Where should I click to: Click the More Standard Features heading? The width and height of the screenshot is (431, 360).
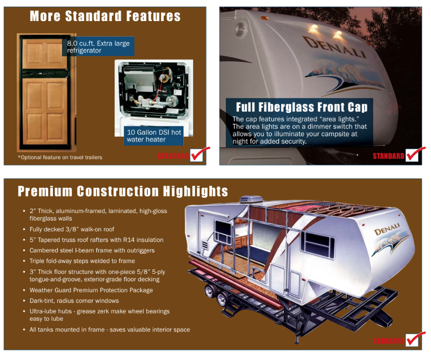[x=105, y=16]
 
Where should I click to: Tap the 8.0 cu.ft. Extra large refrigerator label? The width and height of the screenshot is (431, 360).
[x=98, y=47]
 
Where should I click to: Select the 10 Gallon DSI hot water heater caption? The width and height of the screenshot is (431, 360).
[x=154, y=136]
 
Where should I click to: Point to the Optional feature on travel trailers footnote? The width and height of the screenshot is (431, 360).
[x=60, y=157]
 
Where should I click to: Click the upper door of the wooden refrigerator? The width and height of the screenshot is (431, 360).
[x=45, y=53]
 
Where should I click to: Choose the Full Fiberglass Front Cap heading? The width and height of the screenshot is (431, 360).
[x=302, y=107]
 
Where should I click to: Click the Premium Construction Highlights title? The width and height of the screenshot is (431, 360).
[x=123, y=191]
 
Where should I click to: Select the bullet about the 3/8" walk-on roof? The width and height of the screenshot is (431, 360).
[x=72, y=229]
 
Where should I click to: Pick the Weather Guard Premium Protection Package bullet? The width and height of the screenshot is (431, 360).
[x=91, y=290]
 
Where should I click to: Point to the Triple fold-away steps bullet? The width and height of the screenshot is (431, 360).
[x=82, y=261]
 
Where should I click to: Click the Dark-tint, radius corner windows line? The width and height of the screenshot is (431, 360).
[x=74, y=301]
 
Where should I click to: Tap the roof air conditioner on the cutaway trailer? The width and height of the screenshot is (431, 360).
[x=251, y=199]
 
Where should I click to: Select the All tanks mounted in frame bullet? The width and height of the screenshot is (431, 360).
[x=110, y=330]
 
